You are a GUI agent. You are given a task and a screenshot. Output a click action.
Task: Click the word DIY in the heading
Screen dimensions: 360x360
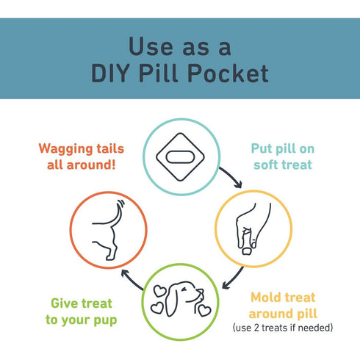(110, 73)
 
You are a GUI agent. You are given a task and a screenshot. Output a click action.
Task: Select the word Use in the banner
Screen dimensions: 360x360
(151, 46)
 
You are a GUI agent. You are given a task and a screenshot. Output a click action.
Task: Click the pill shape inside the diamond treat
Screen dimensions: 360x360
(180, 156)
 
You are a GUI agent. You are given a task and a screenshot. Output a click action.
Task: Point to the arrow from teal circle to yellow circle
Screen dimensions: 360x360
(232, 176)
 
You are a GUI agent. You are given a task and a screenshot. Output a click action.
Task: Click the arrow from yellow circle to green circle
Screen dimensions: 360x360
(234, 278)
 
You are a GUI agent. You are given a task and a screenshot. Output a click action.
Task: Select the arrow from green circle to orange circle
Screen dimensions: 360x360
(132, 279)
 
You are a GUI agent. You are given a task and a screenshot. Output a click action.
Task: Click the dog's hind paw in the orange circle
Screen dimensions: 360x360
(111, 257)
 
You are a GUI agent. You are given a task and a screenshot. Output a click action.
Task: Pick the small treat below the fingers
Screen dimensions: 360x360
(247, 251)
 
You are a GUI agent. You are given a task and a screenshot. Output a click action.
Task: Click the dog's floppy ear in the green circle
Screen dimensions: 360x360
(171, 303)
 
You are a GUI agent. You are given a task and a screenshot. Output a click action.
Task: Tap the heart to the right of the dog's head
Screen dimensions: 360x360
(204, 310)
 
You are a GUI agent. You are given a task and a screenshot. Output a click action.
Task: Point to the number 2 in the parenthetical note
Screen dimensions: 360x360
(256, 328)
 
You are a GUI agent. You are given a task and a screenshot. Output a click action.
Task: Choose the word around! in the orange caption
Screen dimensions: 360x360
(91, 165)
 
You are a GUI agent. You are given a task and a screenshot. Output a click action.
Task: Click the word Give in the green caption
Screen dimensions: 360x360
(64, 303)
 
